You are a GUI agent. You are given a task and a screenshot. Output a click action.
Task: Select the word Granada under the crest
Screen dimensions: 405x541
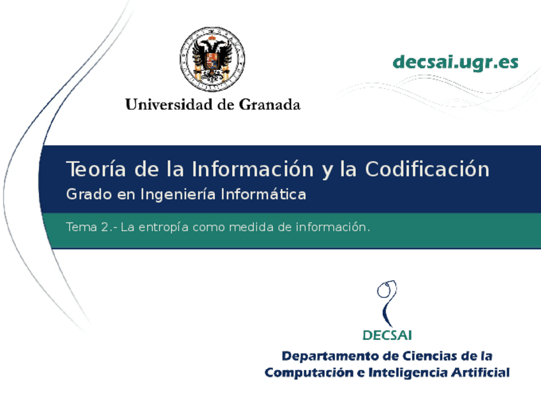pos(269,104)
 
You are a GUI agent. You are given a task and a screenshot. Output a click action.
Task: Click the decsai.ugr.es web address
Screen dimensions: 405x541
pos(456,62)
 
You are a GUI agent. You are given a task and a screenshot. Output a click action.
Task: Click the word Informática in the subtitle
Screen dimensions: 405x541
pos(263,194)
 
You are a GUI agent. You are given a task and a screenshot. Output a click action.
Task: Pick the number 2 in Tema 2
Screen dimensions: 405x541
pos(105,227)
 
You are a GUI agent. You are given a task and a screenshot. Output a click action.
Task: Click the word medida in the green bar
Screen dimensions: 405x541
pos(253,227)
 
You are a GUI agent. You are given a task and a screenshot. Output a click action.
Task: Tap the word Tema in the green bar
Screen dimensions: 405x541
pos(80,227)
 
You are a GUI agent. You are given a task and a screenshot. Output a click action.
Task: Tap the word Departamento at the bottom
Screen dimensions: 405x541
pos(326,356)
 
